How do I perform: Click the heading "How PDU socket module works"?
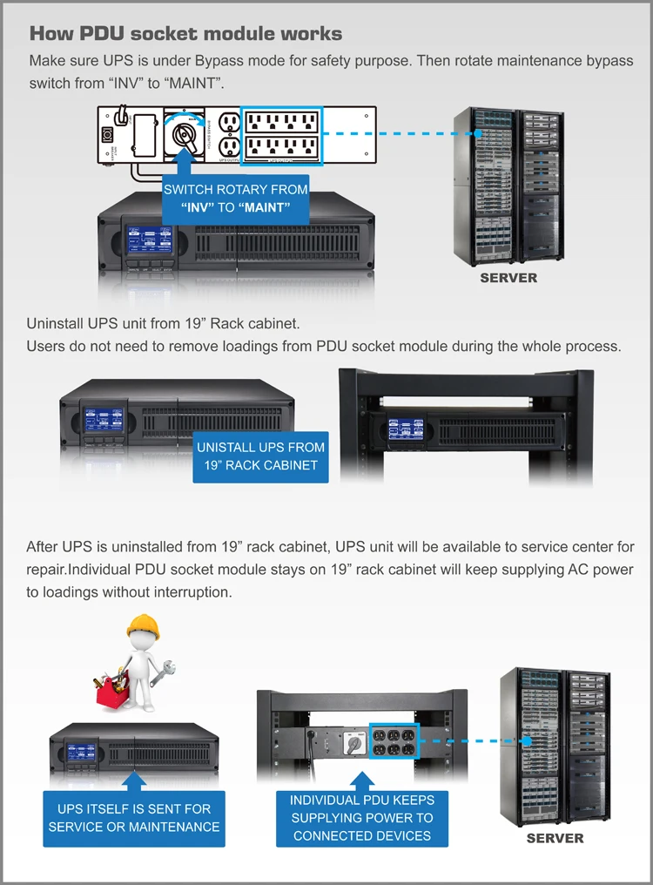pos(185,34)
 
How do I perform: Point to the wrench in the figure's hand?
pos(165,672)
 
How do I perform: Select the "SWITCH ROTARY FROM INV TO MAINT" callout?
pos(236,199)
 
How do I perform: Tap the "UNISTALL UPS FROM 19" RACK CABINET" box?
pos(260,456)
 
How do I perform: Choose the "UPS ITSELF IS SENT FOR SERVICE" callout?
pos(134,817)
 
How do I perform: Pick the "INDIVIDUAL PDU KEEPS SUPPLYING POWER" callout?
pos(361,817)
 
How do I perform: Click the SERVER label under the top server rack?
pos(508,278)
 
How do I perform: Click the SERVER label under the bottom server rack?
pos(555,838)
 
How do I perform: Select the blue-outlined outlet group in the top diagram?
pos(282,135)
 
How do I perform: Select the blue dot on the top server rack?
pos(478,134)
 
